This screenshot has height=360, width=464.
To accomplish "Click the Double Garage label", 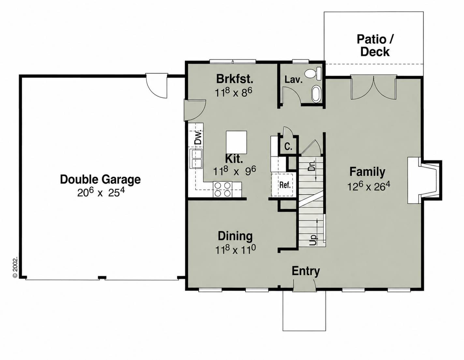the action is click(100, 180).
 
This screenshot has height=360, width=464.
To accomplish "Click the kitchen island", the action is click(236, 142).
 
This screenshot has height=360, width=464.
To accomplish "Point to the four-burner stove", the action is click(222, 189).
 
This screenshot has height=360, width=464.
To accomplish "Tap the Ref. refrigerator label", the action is click(285, 185).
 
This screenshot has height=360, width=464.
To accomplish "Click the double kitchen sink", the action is click(196, 159).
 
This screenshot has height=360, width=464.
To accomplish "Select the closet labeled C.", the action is click(288, 146).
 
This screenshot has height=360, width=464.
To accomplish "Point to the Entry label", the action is click(306, 271).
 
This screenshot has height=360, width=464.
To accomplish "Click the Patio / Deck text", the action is click(375, 46).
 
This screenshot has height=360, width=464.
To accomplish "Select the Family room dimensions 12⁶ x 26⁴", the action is click(369, 186).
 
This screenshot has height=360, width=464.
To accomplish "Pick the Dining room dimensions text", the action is click(236, 250).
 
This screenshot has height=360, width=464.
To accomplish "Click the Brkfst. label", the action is click(235, 79).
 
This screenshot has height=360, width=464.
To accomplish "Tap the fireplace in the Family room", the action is click(424, 180).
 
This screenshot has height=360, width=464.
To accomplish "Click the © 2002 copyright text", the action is click(15, 268).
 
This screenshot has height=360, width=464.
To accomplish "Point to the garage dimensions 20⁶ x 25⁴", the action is click(101, 193).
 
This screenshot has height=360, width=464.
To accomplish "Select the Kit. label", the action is click(234, 159).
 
